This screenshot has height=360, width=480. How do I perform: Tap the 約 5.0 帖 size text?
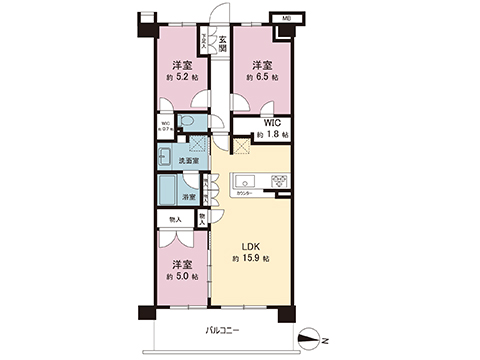click(181, 276)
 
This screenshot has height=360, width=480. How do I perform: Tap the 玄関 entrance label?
click(222, 45)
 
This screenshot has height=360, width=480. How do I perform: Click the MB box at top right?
click(286, 20)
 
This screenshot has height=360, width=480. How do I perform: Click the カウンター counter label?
click(245, 193)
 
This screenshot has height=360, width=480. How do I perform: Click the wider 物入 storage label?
click(175, 219)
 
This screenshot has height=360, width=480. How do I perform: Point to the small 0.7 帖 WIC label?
click(165, 126)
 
